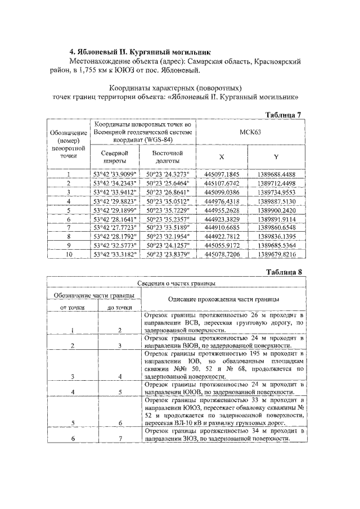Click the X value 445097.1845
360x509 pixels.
222,174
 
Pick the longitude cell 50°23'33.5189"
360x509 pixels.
168,227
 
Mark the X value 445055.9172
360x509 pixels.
222,245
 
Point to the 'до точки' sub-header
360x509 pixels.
119,308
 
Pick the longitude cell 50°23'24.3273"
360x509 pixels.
168,174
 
